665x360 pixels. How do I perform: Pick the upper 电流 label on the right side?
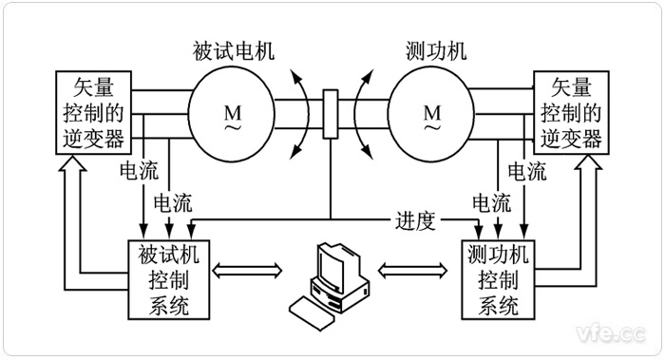[527, 173]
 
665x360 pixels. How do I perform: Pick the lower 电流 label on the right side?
[491, 201]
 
